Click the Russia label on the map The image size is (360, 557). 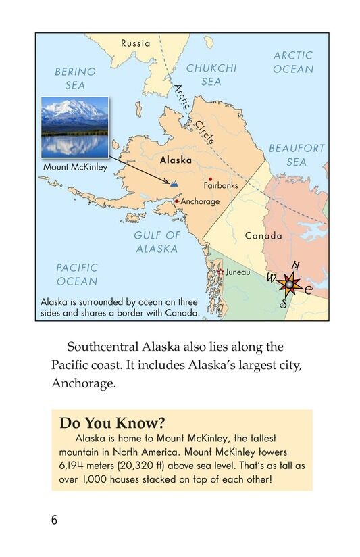tap(136, 43)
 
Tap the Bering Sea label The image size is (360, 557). tap(75, 78)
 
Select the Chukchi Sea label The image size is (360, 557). tap(211, 75)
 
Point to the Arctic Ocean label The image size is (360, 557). tap(293, 62)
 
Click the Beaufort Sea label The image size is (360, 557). tap(297, 155)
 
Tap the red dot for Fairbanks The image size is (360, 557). tap(211, 178)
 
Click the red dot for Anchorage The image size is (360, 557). tap(176, 201)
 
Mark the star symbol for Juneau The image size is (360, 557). tap(221, 272)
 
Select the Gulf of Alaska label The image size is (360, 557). tap(157, 242)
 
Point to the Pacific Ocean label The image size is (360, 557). tap(77, 274)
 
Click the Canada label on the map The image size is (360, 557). tap(263, 236)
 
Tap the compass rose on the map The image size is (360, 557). tap(290, 285)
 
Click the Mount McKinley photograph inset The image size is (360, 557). tap(74, 126)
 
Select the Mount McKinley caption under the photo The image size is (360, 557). tap(75, 167)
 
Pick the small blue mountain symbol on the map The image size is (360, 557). tap(175, 183)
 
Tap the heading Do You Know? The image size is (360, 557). tap(112, 423)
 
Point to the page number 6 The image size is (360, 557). tap(54, 520)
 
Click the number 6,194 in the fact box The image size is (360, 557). tap(73, 466)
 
